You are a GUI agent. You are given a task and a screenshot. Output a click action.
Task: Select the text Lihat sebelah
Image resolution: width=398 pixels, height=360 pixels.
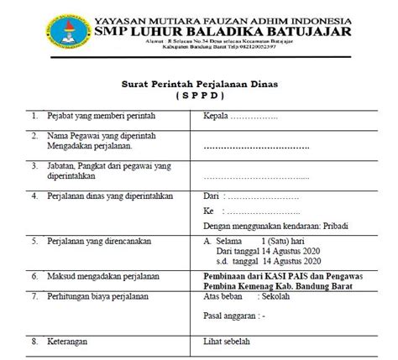232,342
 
